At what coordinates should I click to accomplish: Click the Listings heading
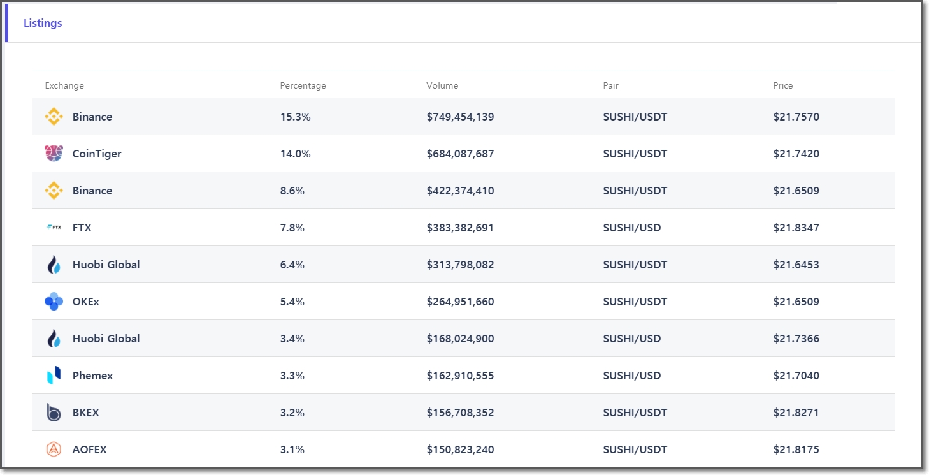43,23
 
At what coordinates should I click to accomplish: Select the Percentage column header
303,85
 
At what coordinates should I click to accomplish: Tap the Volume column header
442,85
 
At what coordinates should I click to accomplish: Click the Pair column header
610,85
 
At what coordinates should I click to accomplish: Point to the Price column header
783,85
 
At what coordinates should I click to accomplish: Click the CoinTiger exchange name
97,154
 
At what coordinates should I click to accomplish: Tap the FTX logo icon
54,228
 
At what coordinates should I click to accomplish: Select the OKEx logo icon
54,302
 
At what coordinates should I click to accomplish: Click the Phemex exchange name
92,376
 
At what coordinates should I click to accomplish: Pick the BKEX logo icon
54,413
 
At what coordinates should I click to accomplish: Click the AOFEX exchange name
89,449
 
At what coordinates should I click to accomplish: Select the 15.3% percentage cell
295,117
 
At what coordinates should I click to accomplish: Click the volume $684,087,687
460,154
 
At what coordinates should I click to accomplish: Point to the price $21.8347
796,228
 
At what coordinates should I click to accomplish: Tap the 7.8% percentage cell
292,228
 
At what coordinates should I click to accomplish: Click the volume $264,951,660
460,302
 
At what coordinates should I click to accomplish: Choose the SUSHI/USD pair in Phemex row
631,376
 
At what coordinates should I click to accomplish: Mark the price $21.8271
796,413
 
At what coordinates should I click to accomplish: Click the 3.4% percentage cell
292,339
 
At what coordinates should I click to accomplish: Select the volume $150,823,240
460,449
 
